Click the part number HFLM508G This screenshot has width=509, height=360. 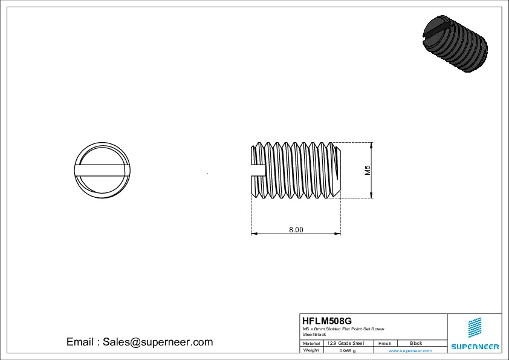point(326,321)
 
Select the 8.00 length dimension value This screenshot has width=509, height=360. point(296,229)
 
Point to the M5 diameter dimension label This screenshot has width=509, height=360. point(367,171)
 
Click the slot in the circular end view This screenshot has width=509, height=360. point(101,170)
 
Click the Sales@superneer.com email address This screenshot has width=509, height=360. point(158,342)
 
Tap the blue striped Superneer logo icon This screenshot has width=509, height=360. point(475,327)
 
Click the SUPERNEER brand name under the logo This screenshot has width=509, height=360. point(475,347)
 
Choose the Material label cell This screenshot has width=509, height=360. point(311,343)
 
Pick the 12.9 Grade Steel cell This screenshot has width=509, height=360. point(345,343)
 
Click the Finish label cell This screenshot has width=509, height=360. point(384,343)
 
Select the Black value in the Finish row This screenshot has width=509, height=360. point(416,343)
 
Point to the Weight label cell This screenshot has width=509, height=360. point(311,350)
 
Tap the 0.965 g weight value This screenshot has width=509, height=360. point(348,350)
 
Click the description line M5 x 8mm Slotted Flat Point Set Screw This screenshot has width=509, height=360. point(343,329)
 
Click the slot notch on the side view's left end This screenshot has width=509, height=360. point(258,170)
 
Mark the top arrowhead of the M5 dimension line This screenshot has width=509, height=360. point(371,145)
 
